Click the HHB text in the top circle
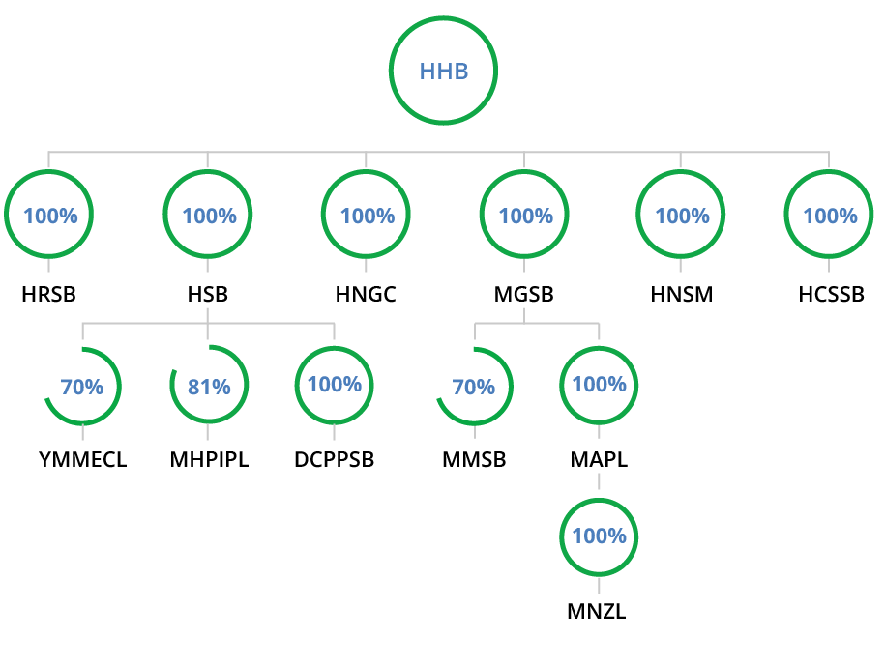[x=444, y=72]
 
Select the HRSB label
[x=48, y=295]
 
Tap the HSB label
[x=208, y=295]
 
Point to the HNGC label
[x=366, y=295]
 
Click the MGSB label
[x=524, y=295]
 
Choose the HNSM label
[x=682, y=295]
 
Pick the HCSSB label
[x=832, y=295]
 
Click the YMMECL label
[x=83, y=459]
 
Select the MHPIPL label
[x=209, y=459]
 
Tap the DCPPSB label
[x=334, y=459]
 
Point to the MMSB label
[x=474, y=459]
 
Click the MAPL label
[x=599, y=459]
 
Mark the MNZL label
[x=597, y=611]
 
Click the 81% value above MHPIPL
[x=209, y=387]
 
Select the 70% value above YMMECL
[x=82, y=387]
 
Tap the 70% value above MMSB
[x=474, y=387]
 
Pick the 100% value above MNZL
[x=600, y=536]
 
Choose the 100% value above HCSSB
[x=830, y=216]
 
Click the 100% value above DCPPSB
[x=335, y=384]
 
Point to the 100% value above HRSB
[x=51, y=216]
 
